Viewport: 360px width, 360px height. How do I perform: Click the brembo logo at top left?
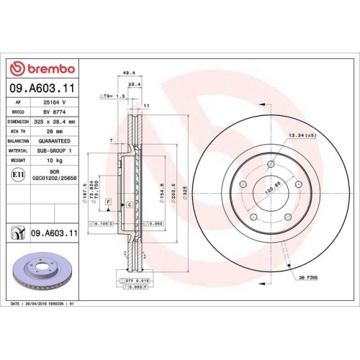(41, 68)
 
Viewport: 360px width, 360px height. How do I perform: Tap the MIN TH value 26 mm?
(55, 132)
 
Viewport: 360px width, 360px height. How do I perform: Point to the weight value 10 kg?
(55, 160)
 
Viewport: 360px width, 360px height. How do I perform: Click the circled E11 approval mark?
(17, 174)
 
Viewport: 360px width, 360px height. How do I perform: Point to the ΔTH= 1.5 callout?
(113, 96)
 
